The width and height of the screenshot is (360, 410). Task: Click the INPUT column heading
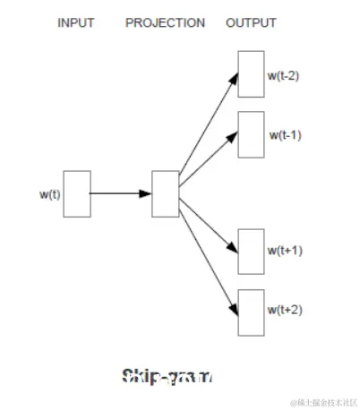pyautogui.click(x=76, y=22)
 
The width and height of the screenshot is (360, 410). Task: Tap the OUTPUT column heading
pyautogui.click(x=251, y=22)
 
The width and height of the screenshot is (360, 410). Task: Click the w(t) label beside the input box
pyautogui.click(x=50, y=193)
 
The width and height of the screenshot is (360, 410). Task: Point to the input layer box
pyautogui.click(x=77, y=193)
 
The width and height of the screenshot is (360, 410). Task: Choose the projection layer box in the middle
pyautogui.click(x=166, y=193)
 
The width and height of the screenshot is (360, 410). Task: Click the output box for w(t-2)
pyautogui.click(x=251, y=74)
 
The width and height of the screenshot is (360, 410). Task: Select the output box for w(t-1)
pyautogui.click(x=251, y=134)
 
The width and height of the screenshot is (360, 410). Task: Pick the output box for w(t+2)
pyautogui.click(x=251, y=312)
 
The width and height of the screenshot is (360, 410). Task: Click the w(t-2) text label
pyautogui.click(x=283, y=75)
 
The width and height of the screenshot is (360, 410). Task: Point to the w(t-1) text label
pyautogui.click(x=285, y=135)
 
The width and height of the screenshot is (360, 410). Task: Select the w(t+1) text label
pyautogui.click(x=285, y=251)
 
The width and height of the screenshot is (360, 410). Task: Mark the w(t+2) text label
pyautogui.click(x=285, y=311)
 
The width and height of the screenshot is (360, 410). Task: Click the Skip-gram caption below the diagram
pyautogui.click(x=167, y=376)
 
